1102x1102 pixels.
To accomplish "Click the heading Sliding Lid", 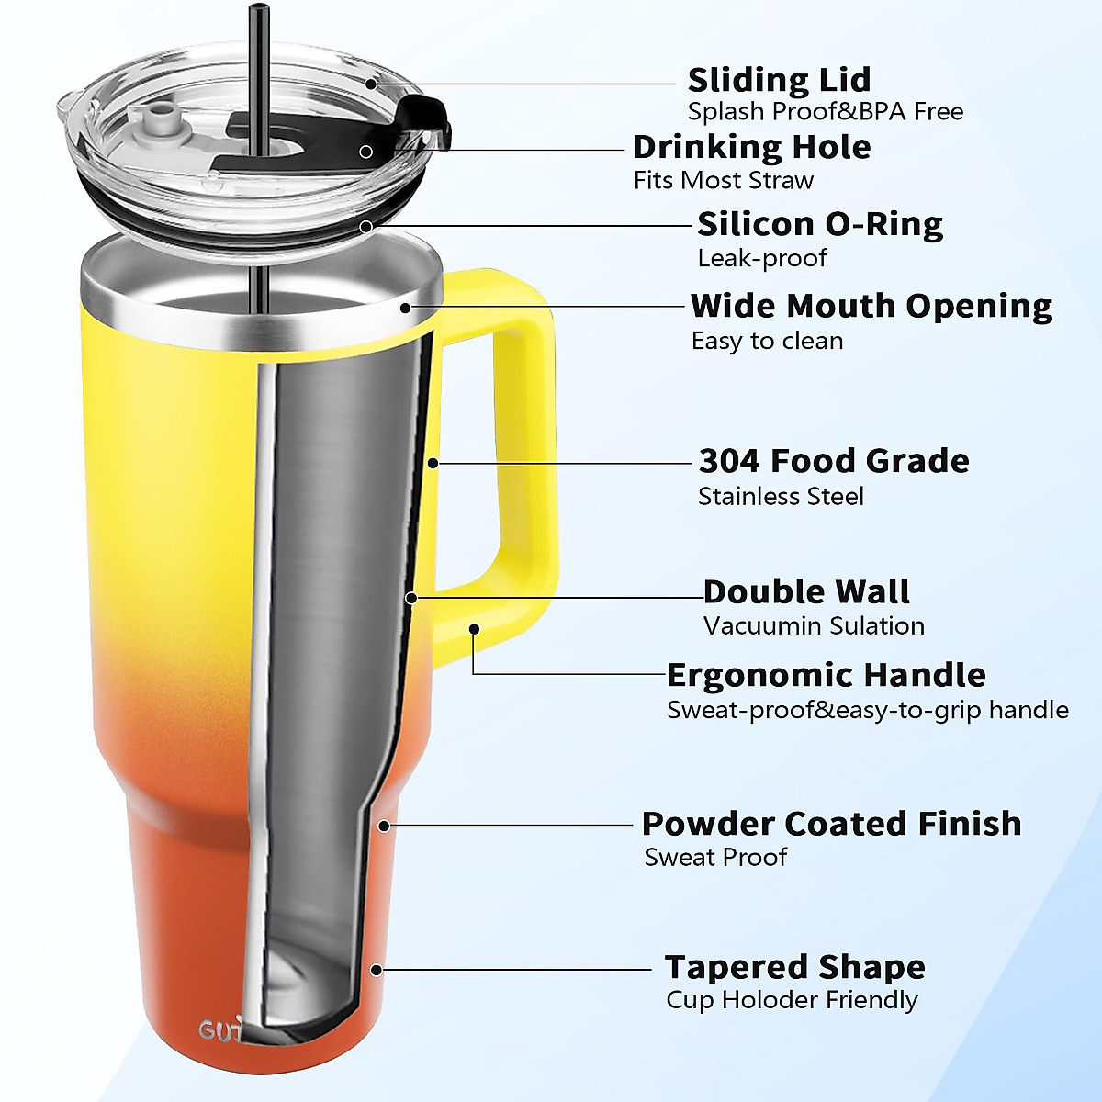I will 779,80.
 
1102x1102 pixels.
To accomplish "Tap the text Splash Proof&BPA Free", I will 825,112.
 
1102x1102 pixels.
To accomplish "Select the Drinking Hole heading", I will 751,147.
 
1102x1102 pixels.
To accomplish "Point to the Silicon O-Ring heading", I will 819,224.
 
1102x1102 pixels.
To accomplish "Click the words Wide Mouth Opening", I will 871,306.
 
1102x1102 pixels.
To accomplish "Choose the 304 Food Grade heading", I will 833,460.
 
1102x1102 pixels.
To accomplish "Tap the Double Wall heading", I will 806,591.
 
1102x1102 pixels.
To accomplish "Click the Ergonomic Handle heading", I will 826,675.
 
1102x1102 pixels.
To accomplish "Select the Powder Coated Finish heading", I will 831,823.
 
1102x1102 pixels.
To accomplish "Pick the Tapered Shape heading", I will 794,967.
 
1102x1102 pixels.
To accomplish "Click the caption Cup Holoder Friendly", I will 792,1000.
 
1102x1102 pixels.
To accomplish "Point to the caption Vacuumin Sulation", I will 814,626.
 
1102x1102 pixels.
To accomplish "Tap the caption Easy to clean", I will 767,341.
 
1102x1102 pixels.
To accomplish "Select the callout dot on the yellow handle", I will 474,629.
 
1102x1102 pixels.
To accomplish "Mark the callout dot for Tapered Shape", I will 376,969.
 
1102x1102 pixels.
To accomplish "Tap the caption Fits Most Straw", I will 723,180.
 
